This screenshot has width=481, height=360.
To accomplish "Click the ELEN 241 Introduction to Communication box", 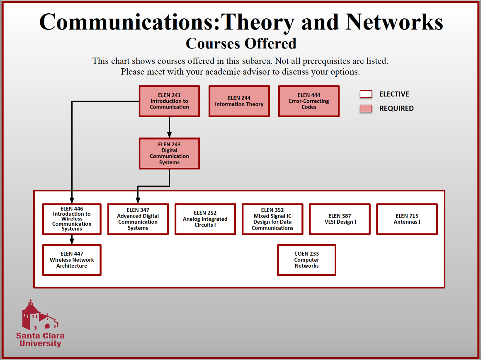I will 169,101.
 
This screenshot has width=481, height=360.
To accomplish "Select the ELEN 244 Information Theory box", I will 239,101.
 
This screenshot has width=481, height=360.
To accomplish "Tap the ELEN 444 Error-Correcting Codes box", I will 309,101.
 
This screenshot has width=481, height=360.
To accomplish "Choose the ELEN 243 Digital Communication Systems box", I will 169,153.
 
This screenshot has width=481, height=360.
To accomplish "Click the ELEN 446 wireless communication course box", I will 72,219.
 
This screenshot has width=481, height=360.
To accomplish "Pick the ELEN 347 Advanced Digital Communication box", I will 138,219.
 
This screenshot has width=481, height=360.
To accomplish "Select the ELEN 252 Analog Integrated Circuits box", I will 205,219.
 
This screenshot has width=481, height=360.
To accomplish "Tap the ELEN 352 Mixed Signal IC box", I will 272,219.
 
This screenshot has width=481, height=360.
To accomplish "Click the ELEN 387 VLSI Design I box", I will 340,219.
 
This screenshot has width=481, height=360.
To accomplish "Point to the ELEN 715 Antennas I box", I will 407,219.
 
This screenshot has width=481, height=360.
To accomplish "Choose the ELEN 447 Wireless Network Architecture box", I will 72,260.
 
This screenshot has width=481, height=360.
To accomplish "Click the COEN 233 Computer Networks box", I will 306,260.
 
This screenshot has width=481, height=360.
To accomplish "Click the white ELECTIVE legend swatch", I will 366,94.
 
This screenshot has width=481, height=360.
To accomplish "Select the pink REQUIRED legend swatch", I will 366,109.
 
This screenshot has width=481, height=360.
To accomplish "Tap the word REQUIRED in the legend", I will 396,109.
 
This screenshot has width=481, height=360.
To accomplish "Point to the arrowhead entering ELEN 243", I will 169,135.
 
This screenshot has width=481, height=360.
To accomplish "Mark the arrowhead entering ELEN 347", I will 138,200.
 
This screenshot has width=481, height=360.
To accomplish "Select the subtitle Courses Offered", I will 241,43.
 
